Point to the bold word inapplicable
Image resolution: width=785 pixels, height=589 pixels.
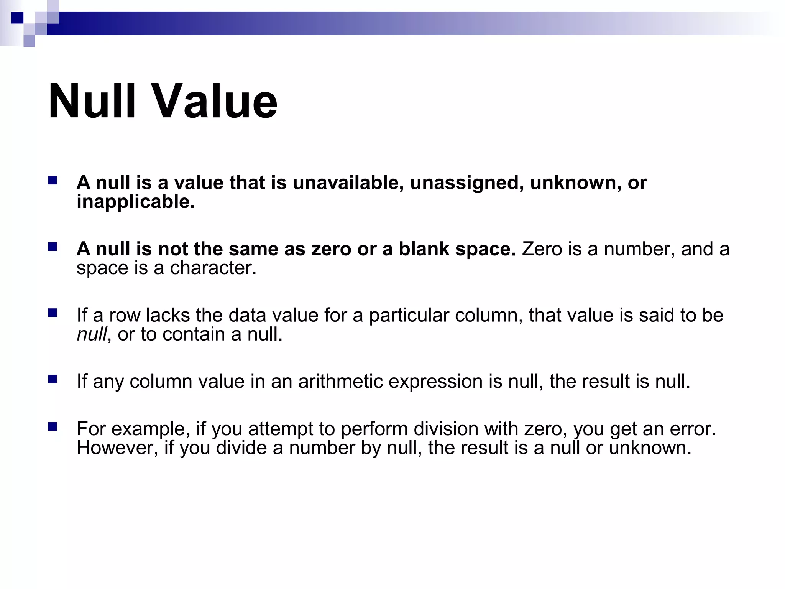[x=135, y=202]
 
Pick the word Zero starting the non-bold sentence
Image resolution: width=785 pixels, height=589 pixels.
[x=542, y=249]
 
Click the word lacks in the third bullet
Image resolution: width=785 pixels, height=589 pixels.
[x=168, y=315]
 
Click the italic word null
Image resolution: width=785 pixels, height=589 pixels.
[x=92, y=334]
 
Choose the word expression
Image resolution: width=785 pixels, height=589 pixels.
[x=435, y=382]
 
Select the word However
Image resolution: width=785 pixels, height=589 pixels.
[x=117, y=448]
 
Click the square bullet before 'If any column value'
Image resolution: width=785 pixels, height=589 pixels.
[x=53, y=380]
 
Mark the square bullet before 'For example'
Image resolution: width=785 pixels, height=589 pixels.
[x=53, y=427]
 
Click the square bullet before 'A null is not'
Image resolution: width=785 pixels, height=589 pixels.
[x=53, y=247]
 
